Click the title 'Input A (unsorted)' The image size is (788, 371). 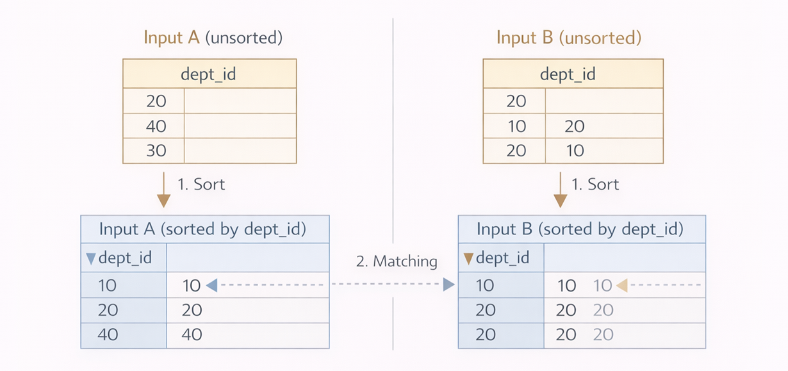click(213, 38)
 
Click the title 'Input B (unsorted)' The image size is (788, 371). click(568, 38)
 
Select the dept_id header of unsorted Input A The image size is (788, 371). click(209, 74)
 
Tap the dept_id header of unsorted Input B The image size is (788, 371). click(568, 74)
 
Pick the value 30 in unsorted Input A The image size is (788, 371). click(156, 151)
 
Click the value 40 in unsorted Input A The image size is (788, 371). click(156, 126)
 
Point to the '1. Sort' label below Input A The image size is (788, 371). click(201, 185)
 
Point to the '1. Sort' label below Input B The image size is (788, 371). click(595, 185)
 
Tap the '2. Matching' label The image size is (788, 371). click(397, 261)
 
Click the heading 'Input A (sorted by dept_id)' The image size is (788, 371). click(202, 229)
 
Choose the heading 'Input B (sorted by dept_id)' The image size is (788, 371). click(580, 229)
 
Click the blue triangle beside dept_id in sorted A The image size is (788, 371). click(90, 259)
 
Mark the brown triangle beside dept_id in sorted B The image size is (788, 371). click(468, 259)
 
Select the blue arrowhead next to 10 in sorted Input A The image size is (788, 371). click(212, 285)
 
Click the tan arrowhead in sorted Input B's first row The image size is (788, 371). click(621, 285)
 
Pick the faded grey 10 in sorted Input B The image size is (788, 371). click(603, 285)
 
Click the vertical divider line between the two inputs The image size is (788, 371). click(393, 128)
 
